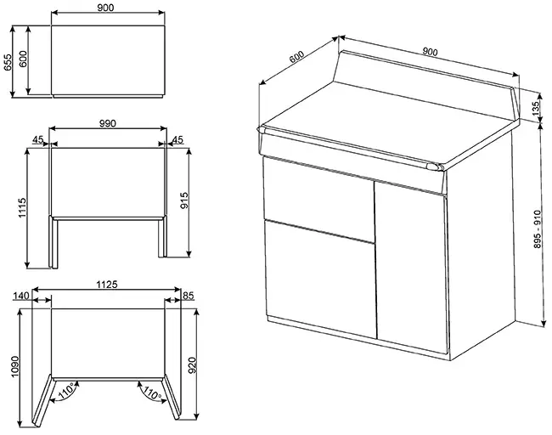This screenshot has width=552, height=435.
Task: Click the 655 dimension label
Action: tap(8, 62)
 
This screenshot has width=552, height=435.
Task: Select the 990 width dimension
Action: tap(107, 123)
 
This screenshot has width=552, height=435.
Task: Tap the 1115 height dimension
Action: tap(22, 208)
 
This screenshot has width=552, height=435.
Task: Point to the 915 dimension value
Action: tap(184, 201)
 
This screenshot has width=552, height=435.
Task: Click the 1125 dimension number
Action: tap(107, 285)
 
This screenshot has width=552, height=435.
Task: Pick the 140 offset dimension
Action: tap(20, 296)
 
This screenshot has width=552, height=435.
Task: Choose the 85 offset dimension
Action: tap(189, 296)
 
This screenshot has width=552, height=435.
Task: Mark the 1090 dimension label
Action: tap(14, 367)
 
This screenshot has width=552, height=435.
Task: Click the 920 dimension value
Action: tap(192, 365)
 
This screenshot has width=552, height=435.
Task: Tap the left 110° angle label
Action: tap(66, 391)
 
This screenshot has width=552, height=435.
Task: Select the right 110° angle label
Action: tap(151, 392)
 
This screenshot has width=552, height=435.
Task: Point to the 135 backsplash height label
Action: tap(536, 109)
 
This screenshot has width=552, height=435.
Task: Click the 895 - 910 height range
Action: tap(538, 229)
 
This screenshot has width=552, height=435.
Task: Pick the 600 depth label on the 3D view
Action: tap(296, 57)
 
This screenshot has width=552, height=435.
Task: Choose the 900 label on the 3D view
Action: tap(430, 52)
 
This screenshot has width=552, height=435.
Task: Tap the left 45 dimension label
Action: tap(38, 139)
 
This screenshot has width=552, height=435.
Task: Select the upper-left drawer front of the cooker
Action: tap(319, 200)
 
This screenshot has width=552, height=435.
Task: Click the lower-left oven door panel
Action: tap(320, 280)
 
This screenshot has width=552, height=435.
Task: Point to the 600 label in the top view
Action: tap(23, 59)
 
